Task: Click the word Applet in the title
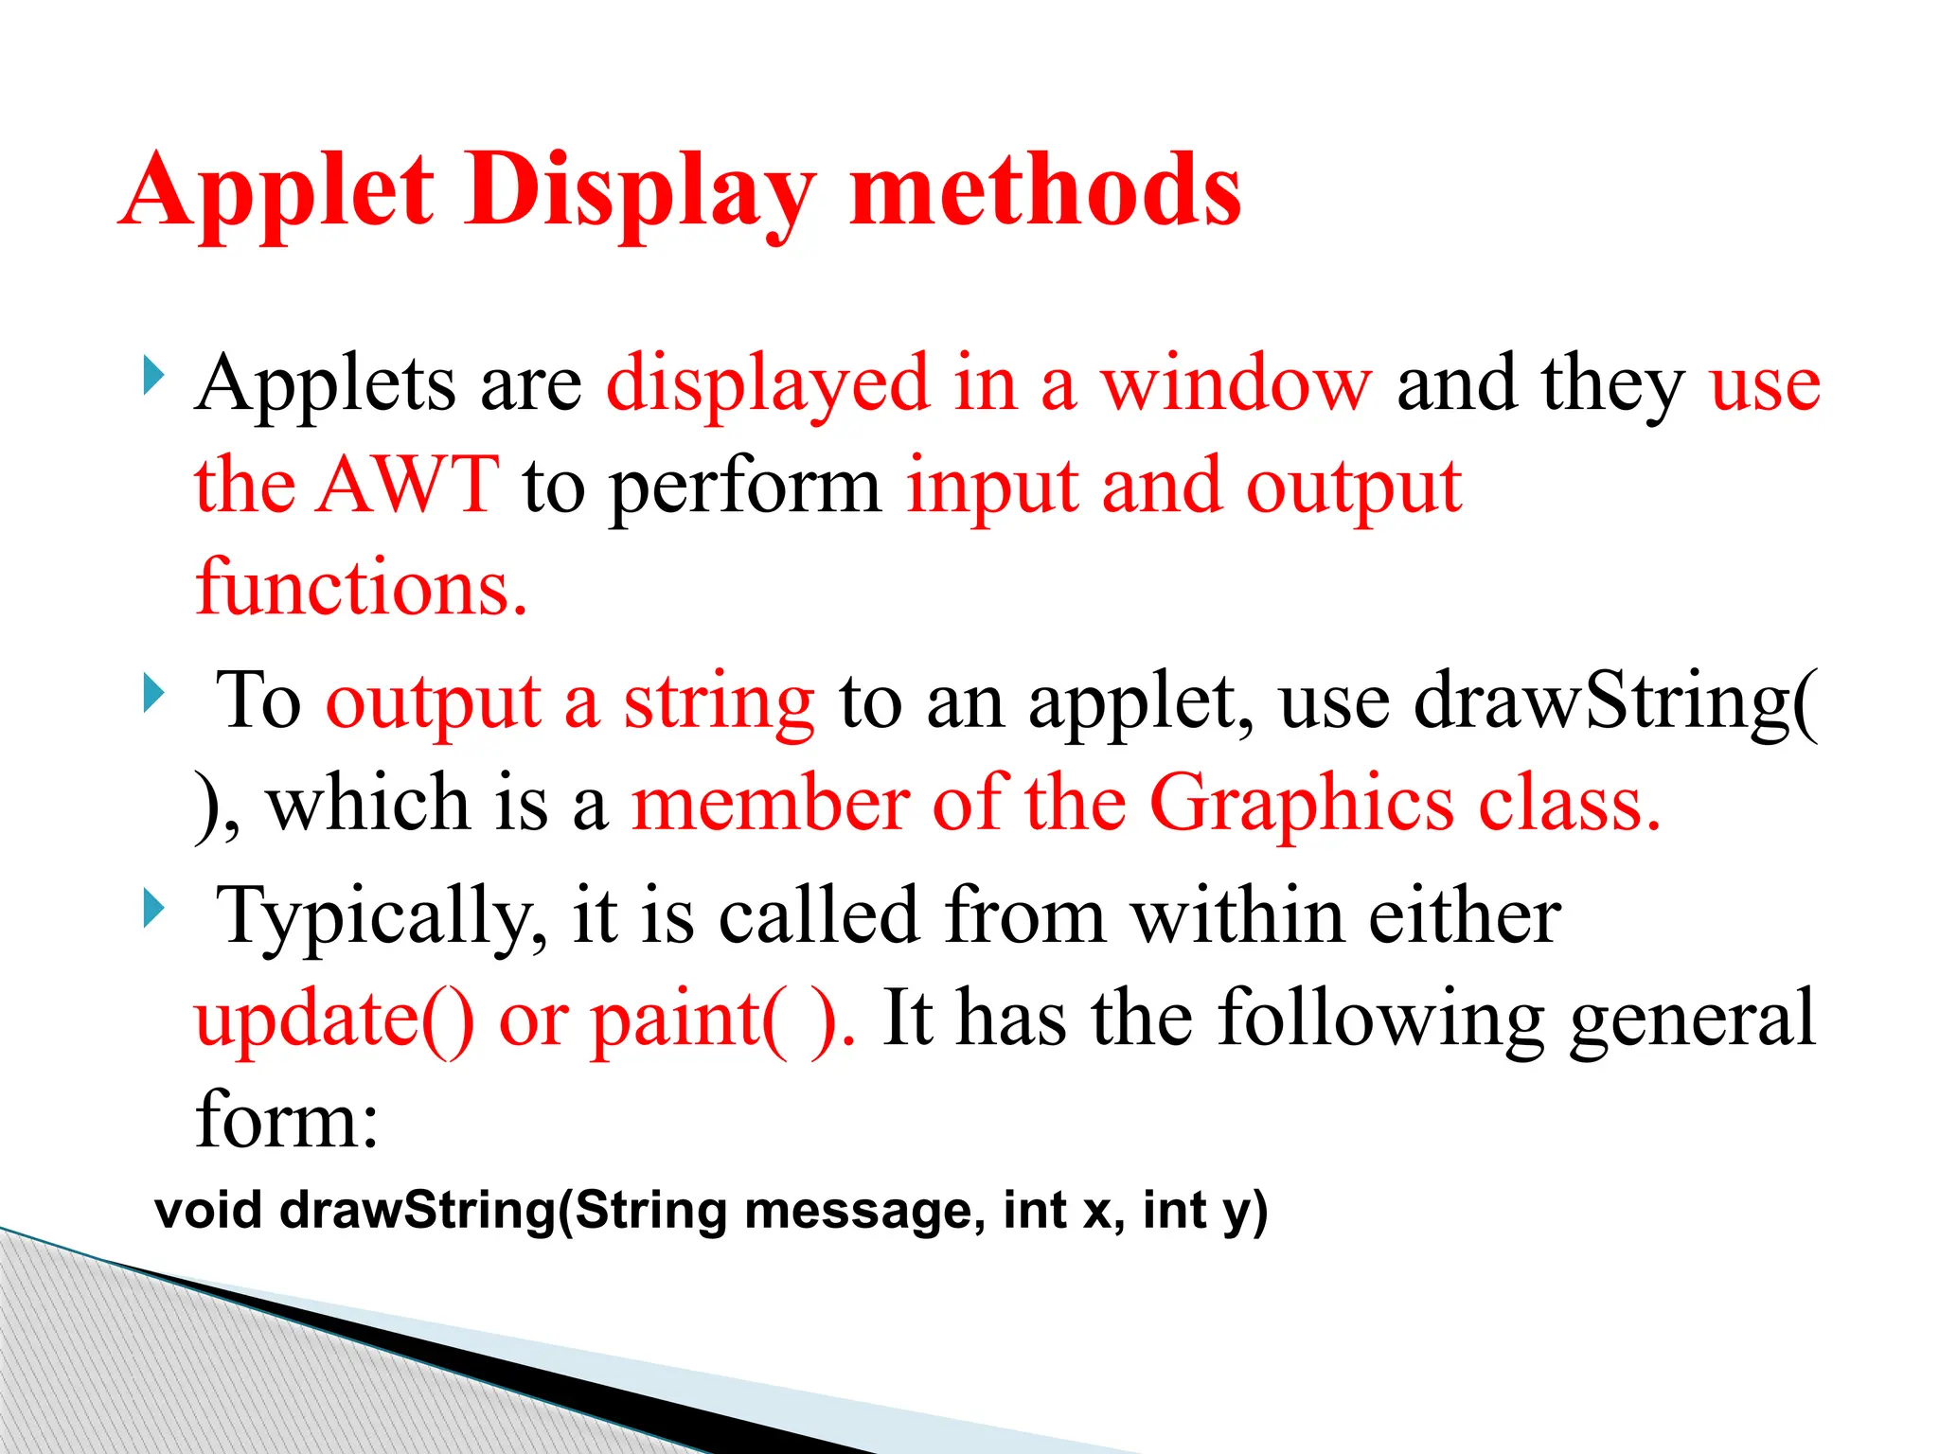(x=278, y=192)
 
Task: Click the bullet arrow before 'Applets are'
(x=153, y=375)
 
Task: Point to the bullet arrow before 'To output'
(x=153, y=693)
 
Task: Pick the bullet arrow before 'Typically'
(x=153, y=908)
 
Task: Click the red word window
(x=1235, y=384)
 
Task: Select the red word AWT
(x=408, y=486)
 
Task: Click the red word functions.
(x=361, y=588)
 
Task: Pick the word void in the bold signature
(x=208, y=1211)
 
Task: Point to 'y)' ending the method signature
(x=1244, y=1213)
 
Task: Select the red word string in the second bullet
(x=719, y=703)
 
